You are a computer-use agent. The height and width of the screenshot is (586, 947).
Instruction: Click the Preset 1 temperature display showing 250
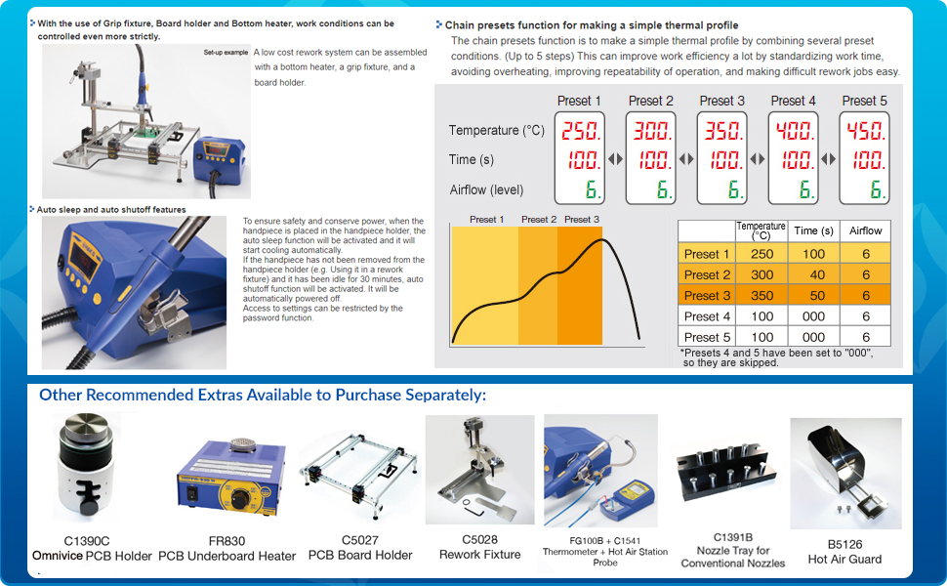tap(579, 130)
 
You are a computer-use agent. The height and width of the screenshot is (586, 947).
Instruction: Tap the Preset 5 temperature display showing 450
tap(864, 130)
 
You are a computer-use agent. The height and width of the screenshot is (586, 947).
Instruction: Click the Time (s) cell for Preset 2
tap(813, 275)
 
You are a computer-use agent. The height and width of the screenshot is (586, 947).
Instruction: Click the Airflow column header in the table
tap(865, 231)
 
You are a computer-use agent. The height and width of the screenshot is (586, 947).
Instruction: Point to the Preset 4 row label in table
tap(707, 316)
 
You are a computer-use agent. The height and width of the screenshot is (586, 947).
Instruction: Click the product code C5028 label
tap(479, 539)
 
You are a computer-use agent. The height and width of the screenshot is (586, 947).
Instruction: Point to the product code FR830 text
tap(226, 540)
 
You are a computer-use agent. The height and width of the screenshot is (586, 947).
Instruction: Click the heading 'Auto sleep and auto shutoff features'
tap(110, 209)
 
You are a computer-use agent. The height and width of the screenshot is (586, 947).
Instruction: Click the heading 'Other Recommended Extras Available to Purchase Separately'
tap(263, 396)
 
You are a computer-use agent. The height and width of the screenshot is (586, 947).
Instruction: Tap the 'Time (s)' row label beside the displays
tap(476, 159)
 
